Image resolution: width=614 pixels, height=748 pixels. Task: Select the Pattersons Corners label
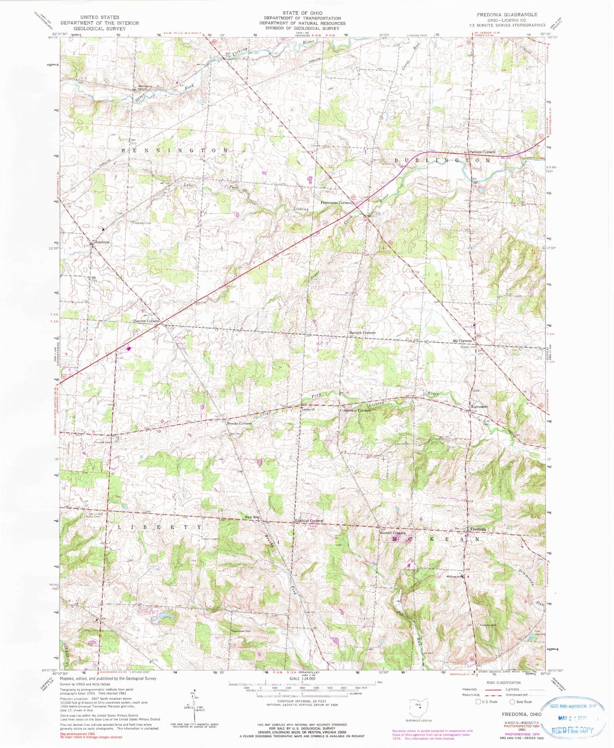click(x=336, y=203)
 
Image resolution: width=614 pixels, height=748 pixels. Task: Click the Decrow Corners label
click(x=146, y=321)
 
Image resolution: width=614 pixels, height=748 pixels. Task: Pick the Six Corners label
click(x=462, y=341)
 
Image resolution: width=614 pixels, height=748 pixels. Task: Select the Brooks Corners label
click(x=239, y=423)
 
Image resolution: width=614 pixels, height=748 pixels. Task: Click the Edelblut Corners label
click(x=309, y=521)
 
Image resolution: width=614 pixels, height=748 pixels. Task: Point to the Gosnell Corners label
click(x=393, y=533)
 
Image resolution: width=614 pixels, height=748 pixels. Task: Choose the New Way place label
click(x=252, y=517)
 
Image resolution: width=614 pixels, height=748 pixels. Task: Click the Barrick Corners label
click(x=362, y=333)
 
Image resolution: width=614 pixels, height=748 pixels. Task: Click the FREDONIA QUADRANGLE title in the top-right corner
click(x=506, y=14)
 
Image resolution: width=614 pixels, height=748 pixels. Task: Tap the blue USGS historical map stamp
click(x=573, y=718)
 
